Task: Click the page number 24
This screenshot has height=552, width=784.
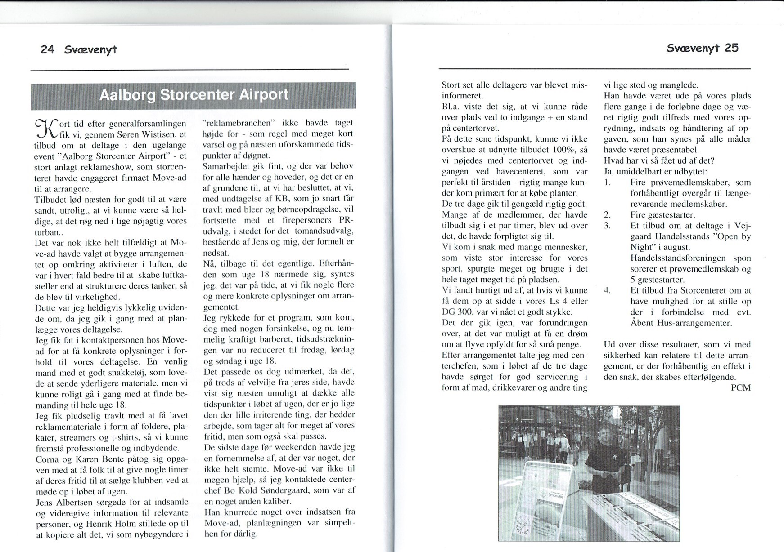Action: click(47, 49)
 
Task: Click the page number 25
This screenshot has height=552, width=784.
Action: click(731, 48)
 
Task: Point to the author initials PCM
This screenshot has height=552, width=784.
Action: click(741, 387)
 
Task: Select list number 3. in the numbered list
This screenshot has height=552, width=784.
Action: click(607, 225)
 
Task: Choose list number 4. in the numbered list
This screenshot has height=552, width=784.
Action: click(607, 290)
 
